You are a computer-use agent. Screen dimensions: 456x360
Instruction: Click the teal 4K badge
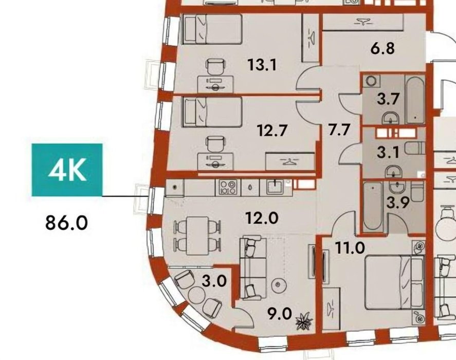tap(67, 170)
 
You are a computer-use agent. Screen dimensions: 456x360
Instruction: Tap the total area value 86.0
tap(67, 223)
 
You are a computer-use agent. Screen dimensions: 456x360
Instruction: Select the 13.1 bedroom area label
tap(262, 65)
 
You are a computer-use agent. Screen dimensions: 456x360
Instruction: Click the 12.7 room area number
tap(272, 131)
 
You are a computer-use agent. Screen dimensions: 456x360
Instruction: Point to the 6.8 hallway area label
tap(382, 48)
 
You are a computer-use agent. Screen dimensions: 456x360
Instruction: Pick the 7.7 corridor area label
tap(339, 130)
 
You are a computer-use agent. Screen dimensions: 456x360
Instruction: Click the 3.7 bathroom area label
tap(388, 99)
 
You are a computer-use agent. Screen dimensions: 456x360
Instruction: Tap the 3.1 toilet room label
tap(388, 153)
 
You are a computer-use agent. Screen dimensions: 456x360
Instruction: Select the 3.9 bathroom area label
tap(398, 203)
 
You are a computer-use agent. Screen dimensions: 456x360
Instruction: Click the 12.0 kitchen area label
tap(262, 218)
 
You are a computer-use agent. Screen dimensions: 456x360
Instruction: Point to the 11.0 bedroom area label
tap(350, 248)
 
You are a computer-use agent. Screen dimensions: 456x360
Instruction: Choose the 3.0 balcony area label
tap(214, 281)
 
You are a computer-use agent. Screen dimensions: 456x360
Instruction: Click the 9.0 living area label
tap(280, 314)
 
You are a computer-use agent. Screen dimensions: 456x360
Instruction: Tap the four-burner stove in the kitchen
tap(228, 187)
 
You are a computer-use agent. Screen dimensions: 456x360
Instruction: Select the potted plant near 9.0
tap(304, 321)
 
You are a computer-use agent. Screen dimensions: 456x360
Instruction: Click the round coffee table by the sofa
tap(279, 284)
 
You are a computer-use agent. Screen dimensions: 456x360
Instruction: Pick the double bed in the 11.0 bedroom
tap(394, 282)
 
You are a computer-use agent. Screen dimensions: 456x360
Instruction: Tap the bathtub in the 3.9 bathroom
tap(372, 207)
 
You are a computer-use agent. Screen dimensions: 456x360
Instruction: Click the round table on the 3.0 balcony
tap(197, 295)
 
